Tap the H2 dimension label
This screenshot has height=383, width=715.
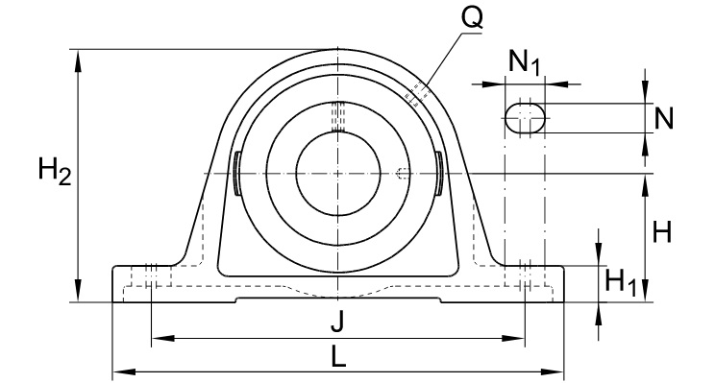tap(54, 173)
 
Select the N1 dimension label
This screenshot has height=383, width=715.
tap(525, 64)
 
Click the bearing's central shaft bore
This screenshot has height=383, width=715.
tap(337, 173)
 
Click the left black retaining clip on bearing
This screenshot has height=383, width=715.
tap(236, 173)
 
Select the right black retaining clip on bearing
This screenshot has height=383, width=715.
tap(438, 173)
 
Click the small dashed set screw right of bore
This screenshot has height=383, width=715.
tap(404, 173)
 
